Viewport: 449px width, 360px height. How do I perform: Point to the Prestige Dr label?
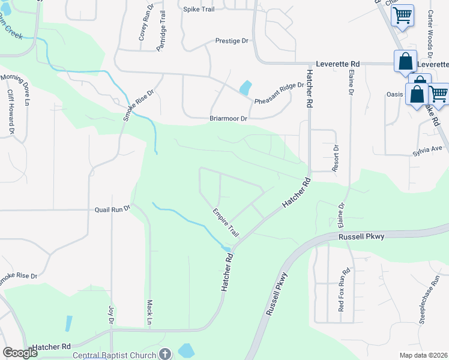coord(232,41)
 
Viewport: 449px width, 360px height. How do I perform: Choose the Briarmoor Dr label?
coord(228,119)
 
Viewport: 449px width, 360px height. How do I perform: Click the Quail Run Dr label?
coord(112,210)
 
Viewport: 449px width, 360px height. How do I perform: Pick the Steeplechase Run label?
coord(430,299)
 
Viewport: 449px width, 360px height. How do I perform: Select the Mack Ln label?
coord(149,313)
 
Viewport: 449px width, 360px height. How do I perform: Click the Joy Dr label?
coord(111,314)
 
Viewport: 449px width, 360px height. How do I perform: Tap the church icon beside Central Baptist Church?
coord(166,354)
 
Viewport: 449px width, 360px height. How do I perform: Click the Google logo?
coord(20,353)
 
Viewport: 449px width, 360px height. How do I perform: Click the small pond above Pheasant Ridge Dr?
coord(245,88)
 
